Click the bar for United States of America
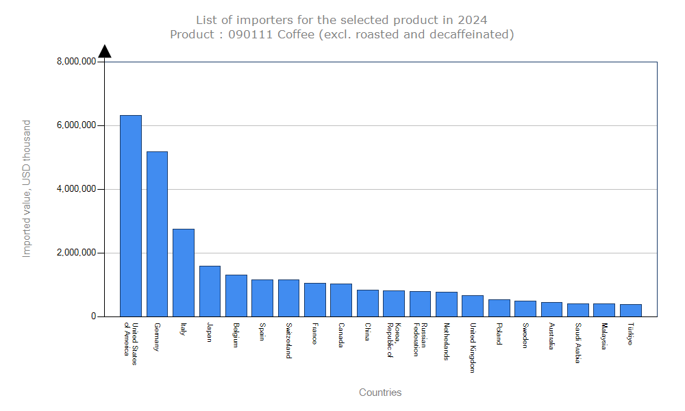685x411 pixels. (x=131, y=216)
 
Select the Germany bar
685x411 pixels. (x=157, y=234)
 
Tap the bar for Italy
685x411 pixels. (x=183, y=273)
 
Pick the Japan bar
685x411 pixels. (x=210, y=291)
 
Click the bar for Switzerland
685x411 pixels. (x=288, y=298)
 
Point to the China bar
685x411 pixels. (x=367, y=303)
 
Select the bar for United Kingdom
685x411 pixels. (x=473, y=306)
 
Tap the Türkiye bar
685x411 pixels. (x=630, y=310)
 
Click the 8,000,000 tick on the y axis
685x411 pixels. (x=76, y=62)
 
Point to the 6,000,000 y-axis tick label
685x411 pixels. (x=76, y=125)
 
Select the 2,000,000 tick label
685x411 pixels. (x=76, y=253)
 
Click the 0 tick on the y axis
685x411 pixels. (x=92, y=316)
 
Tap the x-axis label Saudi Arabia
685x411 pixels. (x=578, y=343)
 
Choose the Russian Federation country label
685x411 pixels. (x=420, y=340)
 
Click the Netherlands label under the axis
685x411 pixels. (x=447, y=341)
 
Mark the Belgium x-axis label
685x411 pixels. (x=236, y=336)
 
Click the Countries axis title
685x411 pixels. (x=380, y=393)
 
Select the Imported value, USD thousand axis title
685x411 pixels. (x=27, y=188)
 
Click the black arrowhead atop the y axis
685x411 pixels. (x=105, y=51)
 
